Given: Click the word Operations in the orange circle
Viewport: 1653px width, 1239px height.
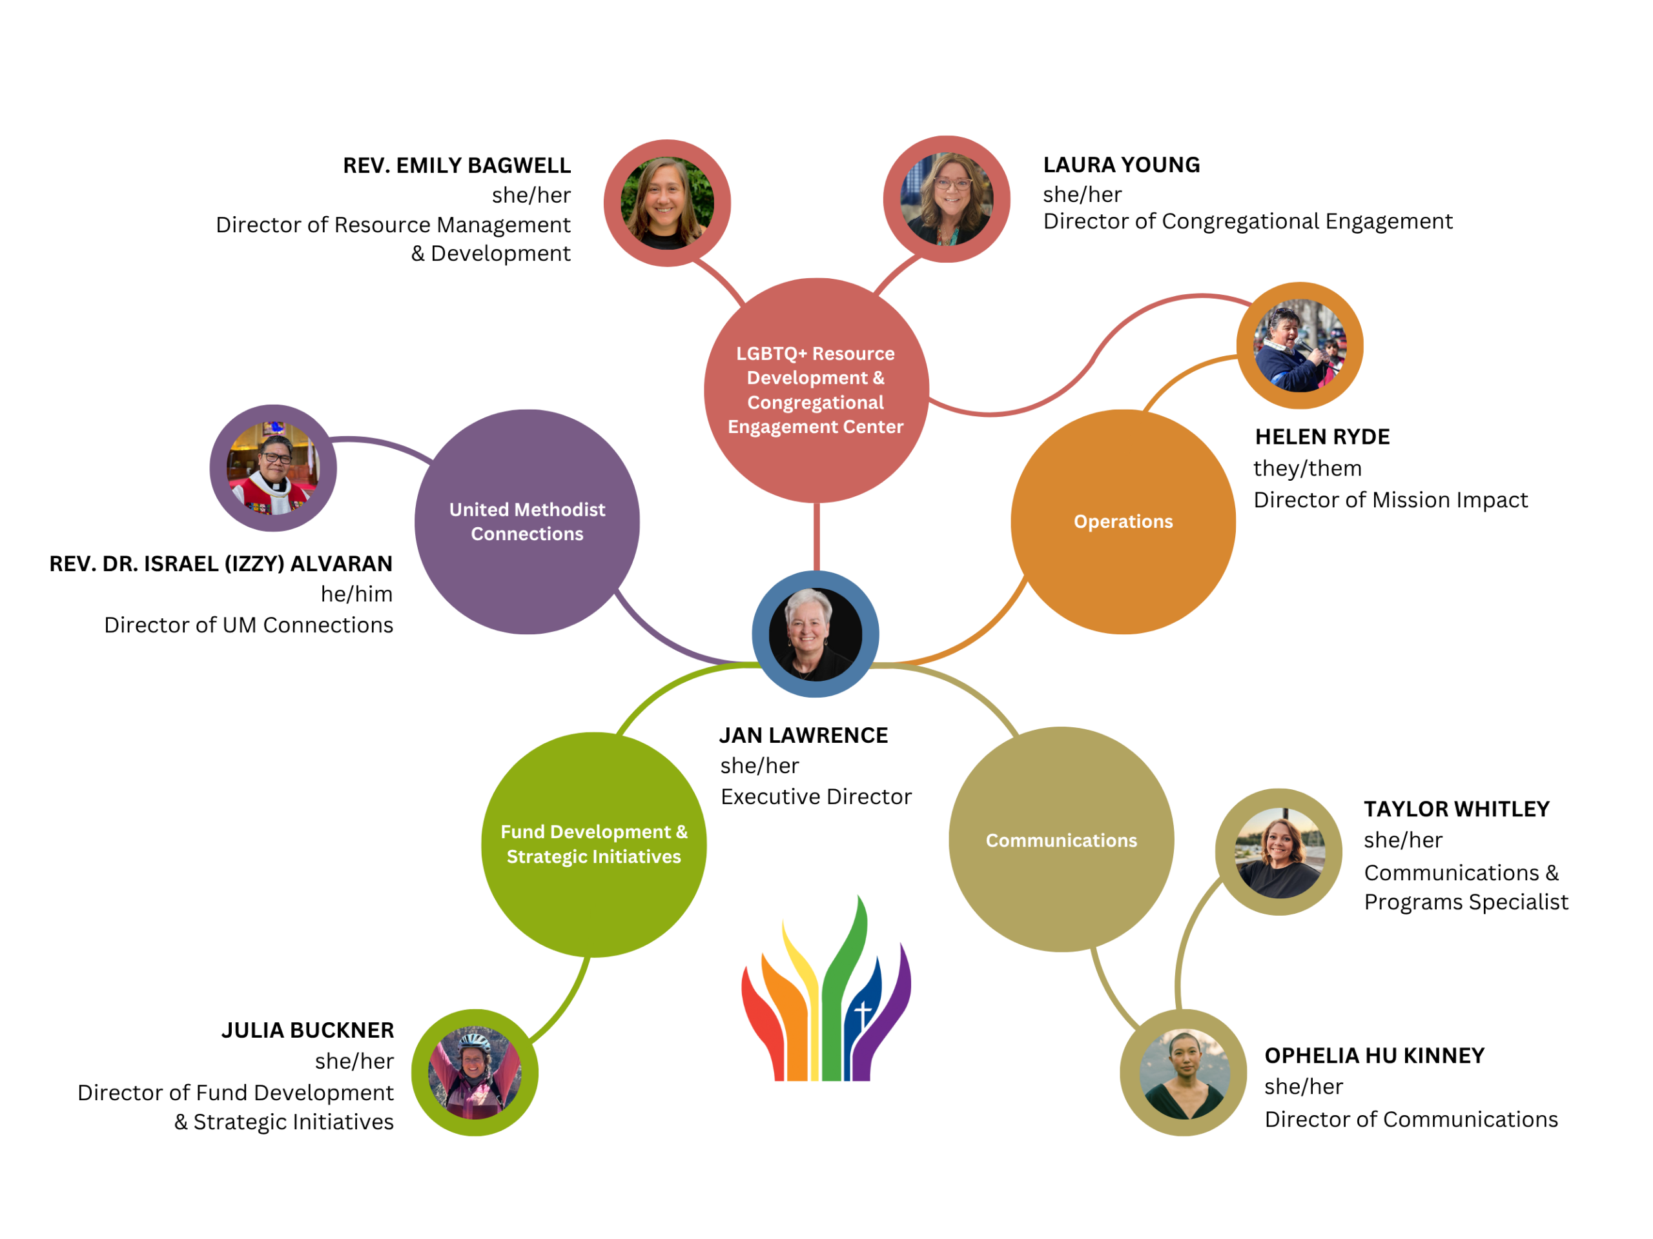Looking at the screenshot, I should pos(1122,521).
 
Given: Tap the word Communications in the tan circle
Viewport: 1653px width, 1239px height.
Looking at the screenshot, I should pos(1061,840).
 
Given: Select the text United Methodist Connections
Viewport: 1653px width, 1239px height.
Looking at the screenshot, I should pos(527,521).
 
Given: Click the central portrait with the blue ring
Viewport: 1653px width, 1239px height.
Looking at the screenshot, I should pos(816,634).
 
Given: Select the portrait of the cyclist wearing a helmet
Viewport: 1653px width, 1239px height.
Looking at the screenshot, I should pos(475,1073).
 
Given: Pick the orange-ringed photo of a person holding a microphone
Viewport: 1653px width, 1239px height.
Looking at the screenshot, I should pos(1300,346).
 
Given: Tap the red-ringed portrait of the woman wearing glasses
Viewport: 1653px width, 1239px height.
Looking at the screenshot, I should pos(947,199).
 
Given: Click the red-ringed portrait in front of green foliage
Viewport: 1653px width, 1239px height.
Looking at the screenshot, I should pos(667,203).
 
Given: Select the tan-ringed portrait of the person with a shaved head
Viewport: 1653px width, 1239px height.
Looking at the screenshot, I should pos(1183,1073).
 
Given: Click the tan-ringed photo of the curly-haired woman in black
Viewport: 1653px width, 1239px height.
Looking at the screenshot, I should pos(1278,852).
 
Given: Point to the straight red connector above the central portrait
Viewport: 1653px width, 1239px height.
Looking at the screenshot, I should pos(816,536).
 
